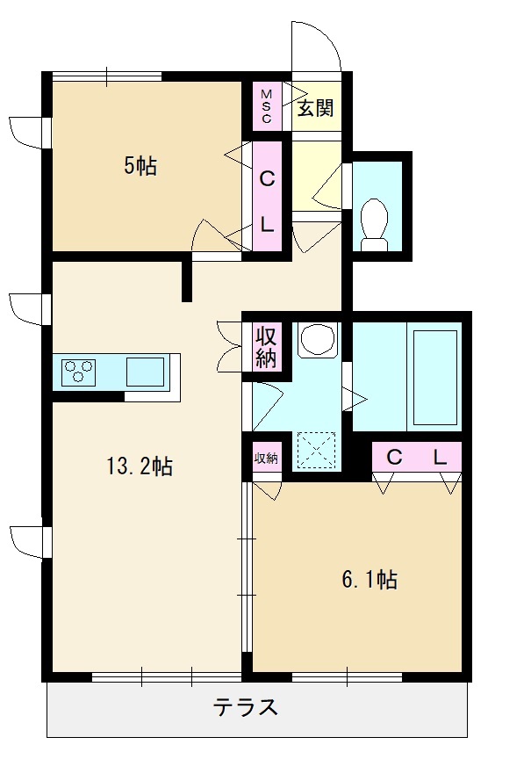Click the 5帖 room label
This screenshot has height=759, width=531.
point(140,167)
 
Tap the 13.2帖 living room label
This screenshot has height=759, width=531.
point(140,466)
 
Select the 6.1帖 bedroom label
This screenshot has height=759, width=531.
point(370,580)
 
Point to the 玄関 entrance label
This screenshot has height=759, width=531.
point(315,108)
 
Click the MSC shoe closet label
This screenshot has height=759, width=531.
point(267,106)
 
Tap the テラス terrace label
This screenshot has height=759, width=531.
point(246,707)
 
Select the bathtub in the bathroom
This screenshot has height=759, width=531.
point(435,378)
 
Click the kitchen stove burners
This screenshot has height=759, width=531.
point(79,372)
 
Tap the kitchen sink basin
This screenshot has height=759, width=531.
point(146,372)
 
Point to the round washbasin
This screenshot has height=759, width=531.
point(317,340)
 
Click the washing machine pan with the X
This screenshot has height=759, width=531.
point(316,451)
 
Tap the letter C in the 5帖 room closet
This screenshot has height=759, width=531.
point(268,179)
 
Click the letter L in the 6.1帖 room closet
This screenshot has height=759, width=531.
point(440,457)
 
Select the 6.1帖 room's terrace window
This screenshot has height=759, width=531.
point(348,676)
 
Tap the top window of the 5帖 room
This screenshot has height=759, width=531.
point(107,76)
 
